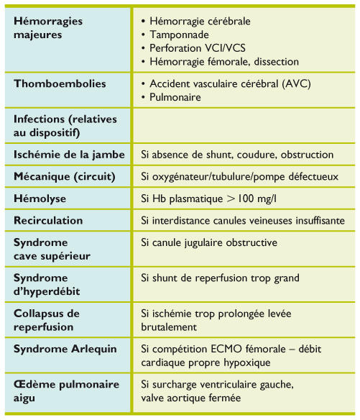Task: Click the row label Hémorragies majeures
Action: (48, 27)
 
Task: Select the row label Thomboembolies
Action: (60, 83)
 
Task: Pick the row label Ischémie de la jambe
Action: (69, 154)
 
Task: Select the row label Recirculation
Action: (48, 221)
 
